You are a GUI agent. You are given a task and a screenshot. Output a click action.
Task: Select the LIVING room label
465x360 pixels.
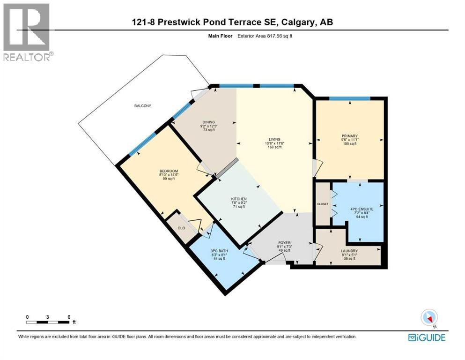pyautogui.click(x=274, y=139)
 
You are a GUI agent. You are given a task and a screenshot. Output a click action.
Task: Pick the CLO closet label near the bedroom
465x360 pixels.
pyautogui.click(x=181, y=228)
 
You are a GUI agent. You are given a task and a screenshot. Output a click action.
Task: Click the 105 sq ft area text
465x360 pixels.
pyautogui.click(x=349, y=144)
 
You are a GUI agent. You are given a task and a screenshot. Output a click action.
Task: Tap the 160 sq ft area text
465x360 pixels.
pyautogui.click(x=274, y=147)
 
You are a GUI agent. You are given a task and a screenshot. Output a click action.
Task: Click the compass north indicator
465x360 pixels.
pyautogui.click(x=429, y=318)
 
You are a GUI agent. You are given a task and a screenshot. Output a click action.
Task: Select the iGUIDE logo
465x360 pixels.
pyautogui.click(x=427, y=337)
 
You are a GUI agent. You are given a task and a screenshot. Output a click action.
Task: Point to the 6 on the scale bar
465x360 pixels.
pyautogui.click(x=69, y=317)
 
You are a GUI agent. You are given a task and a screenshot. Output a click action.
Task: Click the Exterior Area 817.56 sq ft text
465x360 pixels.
pyautogui.click(x=267, y=36)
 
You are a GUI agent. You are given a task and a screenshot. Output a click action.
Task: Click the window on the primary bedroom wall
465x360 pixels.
pyautogui.click(x=349, y=98)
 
